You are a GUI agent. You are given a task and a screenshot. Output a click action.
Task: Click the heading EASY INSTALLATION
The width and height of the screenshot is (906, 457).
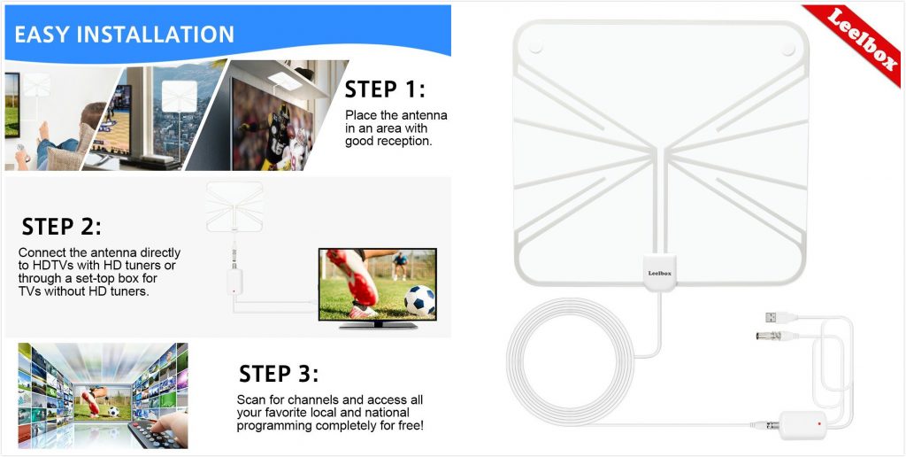(x=124, y=35)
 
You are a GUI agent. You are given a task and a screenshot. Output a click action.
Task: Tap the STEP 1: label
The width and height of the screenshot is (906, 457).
(x=385, y=89)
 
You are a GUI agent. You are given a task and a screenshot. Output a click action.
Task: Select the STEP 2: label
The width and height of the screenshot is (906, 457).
(x=61, y=226)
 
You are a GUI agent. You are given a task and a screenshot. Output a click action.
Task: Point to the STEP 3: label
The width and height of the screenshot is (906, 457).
(x=279, y=374)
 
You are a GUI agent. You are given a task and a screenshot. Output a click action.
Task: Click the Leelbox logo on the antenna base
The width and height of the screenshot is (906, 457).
(x=659, y=273)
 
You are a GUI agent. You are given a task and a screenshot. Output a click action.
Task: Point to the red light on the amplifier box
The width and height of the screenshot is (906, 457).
(x=819, y=424)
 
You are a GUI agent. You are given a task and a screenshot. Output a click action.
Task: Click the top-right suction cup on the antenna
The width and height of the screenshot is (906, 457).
(x=787, y=50)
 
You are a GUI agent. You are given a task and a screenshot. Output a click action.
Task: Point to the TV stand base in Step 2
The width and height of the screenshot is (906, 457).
(x=378, y=325)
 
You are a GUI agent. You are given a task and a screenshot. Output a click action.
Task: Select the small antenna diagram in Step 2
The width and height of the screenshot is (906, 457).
(x=234, y=207)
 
